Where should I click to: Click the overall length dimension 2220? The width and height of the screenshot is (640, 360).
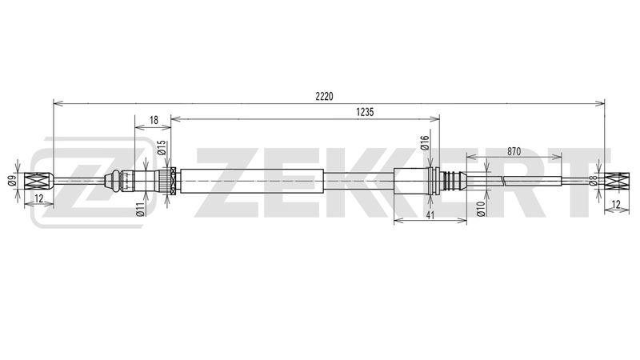click(x=324, y=96)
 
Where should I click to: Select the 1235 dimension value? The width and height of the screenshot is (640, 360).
click(x=365, y=112)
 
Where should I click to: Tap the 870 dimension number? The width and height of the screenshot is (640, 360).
click(x=514, y=151)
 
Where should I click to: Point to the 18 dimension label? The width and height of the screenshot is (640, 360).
click(x=154, y=121)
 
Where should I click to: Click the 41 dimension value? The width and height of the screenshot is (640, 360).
click(x=430, y=215)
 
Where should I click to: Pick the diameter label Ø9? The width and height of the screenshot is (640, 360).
click(x=11, y=179)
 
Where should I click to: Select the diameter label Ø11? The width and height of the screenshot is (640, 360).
click(x=141, y=210)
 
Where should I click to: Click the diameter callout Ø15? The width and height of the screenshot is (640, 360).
click(x=162, y=148)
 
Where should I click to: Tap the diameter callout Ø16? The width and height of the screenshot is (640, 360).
click(x=425, y=143)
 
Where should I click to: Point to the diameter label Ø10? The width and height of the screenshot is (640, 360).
click(x=481, y=209)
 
